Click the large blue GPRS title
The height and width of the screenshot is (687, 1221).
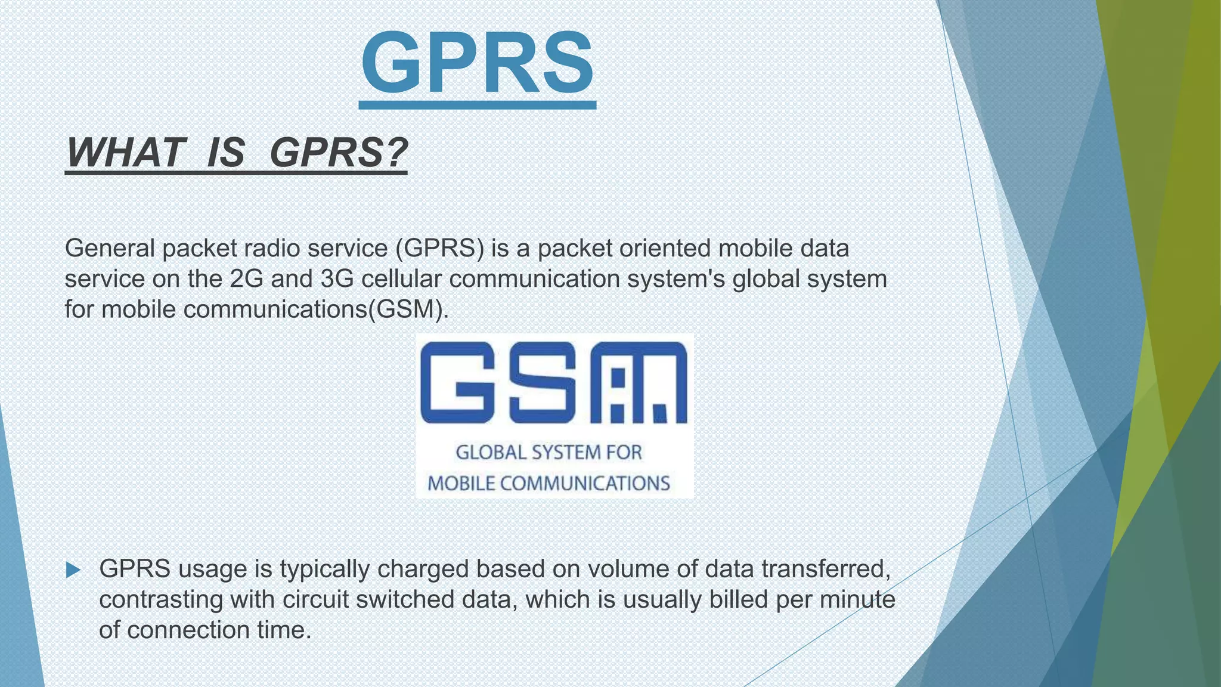477,63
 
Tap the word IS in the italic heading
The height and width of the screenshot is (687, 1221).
225,153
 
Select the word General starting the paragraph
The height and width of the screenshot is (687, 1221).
110,248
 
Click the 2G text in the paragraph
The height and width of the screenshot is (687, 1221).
246,278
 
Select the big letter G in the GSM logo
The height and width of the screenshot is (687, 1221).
458,382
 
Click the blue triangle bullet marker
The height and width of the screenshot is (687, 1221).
73,570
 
